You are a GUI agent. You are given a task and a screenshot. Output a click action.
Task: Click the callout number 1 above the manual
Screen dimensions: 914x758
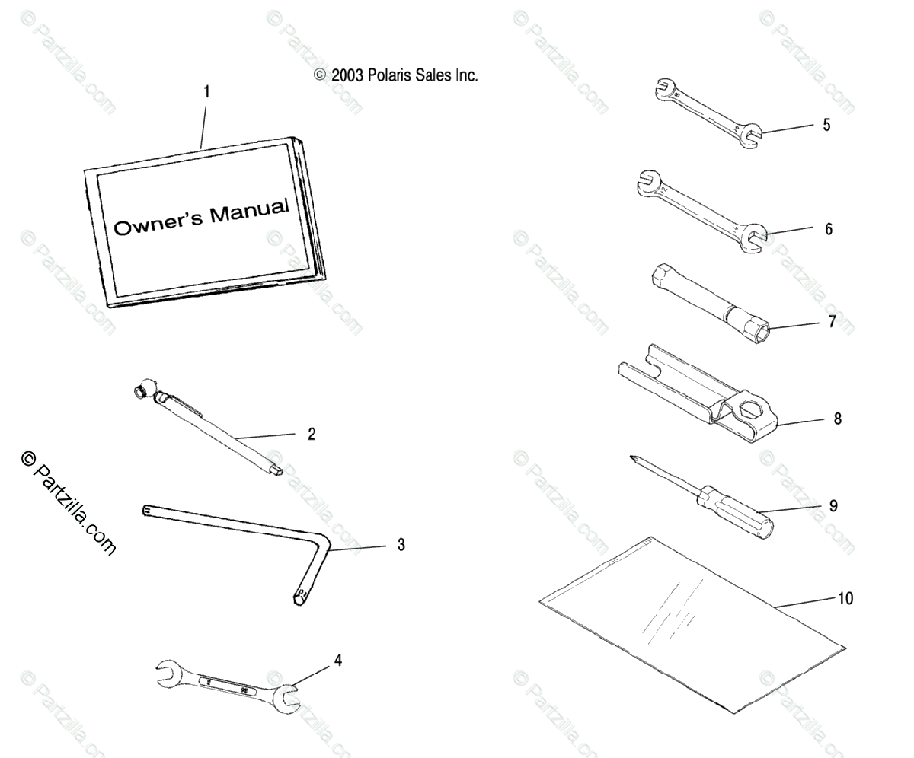[x=206, y=92]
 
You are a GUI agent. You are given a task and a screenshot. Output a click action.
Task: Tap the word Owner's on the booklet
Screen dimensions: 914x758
[x=158, y=223]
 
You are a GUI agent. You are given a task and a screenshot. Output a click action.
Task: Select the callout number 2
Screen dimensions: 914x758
[x=311, y=435]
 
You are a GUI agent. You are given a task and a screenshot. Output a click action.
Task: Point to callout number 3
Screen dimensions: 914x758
[x=401, y=545]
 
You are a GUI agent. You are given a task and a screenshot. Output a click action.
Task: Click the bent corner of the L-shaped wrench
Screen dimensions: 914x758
[x=324, y=543]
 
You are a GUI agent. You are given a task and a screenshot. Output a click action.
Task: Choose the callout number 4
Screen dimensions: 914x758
[x=337, y=660]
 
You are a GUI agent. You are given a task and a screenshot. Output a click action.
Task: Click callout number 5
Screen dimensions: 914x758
[x=826, y=125]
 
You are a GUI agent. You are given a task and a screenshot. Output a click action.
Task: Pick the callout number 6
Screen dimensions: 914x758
[x=829, y=228]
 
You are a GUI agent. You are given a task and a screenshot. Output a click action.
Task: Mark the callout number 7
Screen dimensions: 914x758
[x=832, y=322]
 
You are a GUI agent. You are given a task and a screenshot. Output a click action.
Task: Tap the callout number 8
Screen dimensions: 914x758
[x=838, y=419]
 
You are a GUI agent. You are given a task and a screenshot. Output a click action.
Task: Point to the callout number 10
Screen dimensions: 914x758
[x=845, y=598]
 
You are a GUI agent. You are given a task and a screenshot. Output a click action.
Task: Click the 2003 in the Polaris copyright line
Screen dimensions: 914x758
[x=347, y=75]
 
